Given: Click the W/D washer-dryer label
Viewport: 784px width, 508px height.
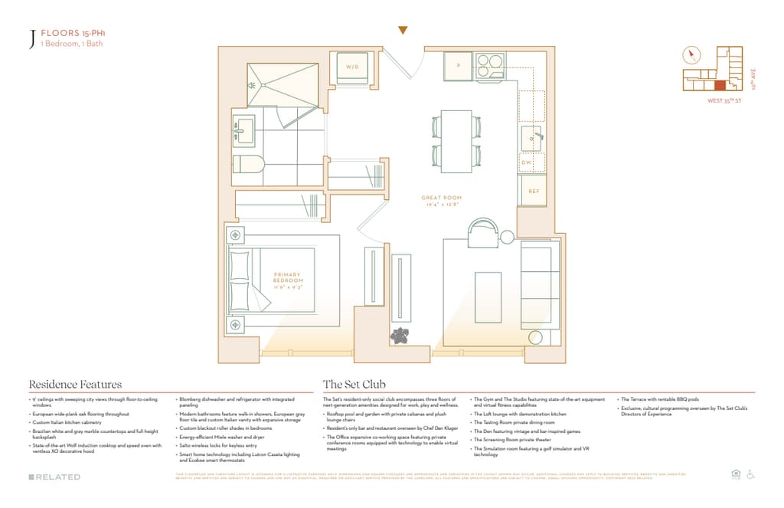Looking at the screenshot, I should tap(352, 67).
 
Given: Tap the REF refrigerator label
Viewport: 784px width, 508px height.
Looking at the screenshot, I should tap(533, 190).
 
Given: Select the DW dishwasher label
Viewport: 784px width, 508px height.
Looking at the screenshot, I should tap(527, 162).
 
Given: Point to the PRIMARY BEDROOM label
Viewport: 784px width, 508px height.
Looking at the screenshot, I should tap(287, 281).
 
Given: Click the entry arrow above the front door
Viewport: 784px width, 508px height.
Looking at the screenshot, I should tap(403, 30).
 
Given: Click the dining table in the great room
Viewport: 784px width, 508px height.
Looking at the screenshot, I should tap(456, 141).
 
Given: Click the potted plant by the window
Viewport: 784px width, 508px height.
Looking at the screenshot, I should tap(398, 335).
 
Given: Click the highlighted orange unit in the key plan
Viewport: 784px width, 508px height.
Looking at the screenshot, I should tap(720, 86).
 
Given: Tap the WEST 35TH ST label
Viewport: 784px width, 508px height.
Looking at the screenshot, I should tap(724, 100).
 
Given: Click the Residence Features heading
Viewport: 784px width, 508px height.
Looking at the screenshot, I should tap(75, 384).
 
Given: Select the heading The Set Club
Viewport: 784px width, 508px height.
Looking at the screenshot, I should tap(354, 384).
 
